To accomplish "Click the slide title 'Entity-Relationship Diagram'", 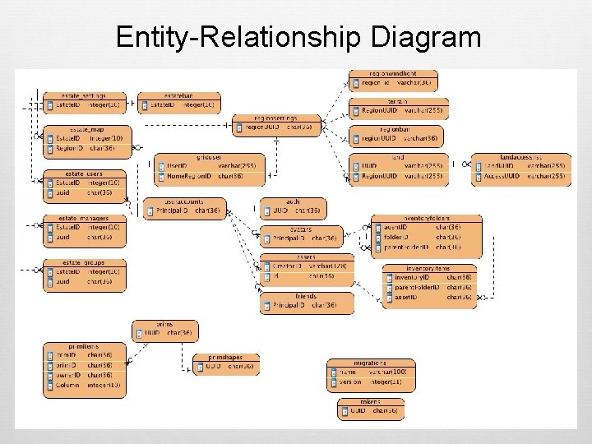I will [298, 37].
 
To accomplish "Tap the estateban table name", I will [178, 96].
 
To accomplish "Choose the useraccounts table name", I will [184, 201].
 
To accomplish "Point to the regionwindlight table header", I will [394, 74].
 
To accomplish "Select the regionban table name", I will [394, 129].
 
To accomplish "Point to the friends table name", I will [307, 296].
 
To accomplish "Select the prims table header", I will [165, 325].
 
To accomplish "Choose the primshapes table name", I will [226, 358].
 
